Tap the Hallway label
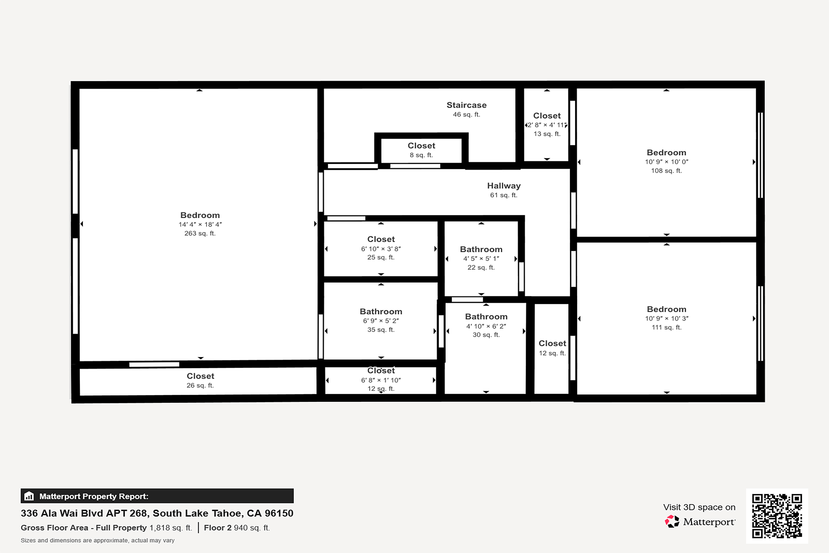[504, 186]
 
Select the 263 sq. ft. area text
[200, 234]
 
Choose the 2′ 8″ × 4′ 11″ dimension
[547, 125]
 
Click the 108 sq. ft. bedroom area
[666, 171]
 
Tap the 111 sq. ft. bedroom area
[666, 327]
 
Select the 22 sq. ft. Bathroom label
[481, 249]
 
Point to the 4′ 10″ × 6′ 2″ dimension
[486, 326]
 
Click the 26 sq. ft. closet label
[200, 376]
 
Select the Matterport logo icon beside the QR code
[672, 521]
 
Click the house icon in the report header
[29, 496]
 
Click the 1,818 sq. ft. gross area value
[171, 528]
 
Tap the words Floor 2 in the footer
[217, 528]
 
